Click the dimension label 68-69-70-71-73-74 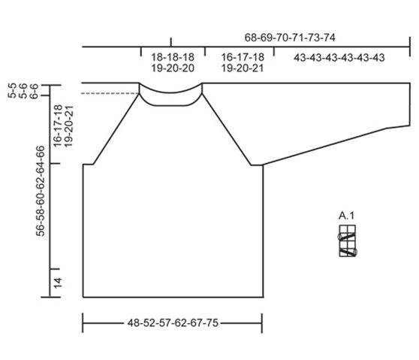290,38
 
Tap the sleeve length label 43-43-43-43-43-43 339,58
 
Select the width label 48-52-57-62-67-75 173,323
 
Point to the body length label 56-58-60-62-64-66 40,191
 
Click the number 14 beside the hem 58,283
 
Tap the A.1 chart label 347,216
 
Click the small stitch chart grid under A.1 348,241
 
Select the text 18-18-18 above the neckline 173,57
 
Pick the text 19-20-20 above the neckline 173,68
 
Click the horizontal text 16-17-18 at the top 243,57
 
